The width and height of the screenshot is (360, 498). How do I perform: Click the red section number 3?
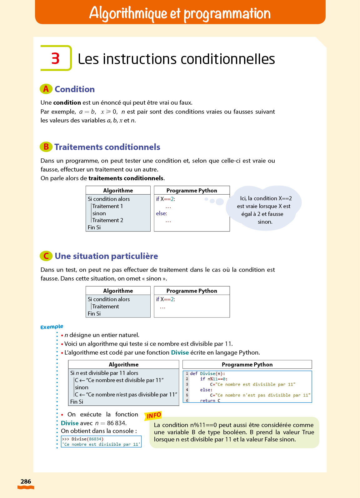[56, 58]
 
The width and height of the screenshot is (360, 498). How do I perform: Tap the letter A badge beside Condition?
[46, 89]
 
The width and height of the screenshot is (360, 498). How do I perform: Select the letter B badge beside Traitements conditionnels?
[46, 147]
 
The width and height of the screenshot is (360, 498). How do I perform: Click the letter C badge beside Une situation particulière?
[46, 256]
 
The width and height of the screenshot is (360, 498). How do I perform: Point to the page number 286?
[26, 481]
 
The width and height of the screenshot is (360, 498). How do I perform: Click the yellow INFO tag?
[153, 416]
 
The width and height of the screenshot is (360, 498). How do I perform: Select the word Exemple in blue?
[52, 327]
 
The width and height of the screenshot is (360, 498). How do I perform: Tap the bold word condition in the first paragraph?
[67, 102]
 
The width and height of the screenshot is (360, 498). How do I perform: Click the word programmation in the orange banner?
[227, 13]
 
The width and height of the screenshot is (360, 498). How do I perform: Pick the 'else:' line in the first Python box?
[162, 213]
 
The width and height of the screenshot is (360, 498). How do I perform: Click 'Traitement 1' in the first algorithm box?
[107, 206]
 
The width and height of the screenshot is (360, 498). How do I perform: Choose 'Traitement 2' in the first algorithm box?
[107, 220]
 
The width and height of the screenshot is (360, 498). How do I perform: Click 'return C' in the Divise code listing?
[210, 401]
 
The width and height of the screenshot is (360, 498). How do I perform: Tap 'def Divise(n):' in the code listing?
[207, 374]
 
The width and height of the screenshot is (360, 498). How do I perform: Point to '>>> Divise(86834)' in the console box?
[83, 439]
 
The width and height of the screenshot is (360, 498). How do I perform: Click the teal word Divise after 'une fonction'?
[180, 352]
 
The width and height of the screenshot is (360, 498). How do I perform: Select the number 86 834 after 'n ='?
[117, 423]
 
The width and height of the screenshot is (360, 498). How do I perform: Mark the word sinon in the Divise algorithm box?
[82, 387]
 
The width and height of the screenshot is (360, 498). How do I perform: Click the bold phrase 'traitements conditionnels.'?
[127, 178]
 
